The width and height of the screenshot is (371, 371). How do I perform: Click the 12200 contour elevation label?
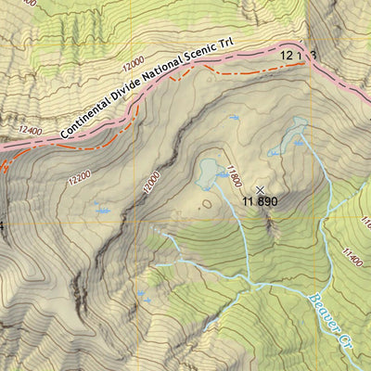click(79, 173)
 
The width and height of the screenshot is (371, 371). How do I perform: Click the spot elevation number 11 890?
click(260, 199)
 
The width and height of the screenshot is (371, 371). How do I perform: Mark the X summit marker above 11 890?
click(260, 188)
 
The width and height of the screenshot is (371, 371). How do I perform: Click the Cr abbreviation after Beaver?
click(347, 340)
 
